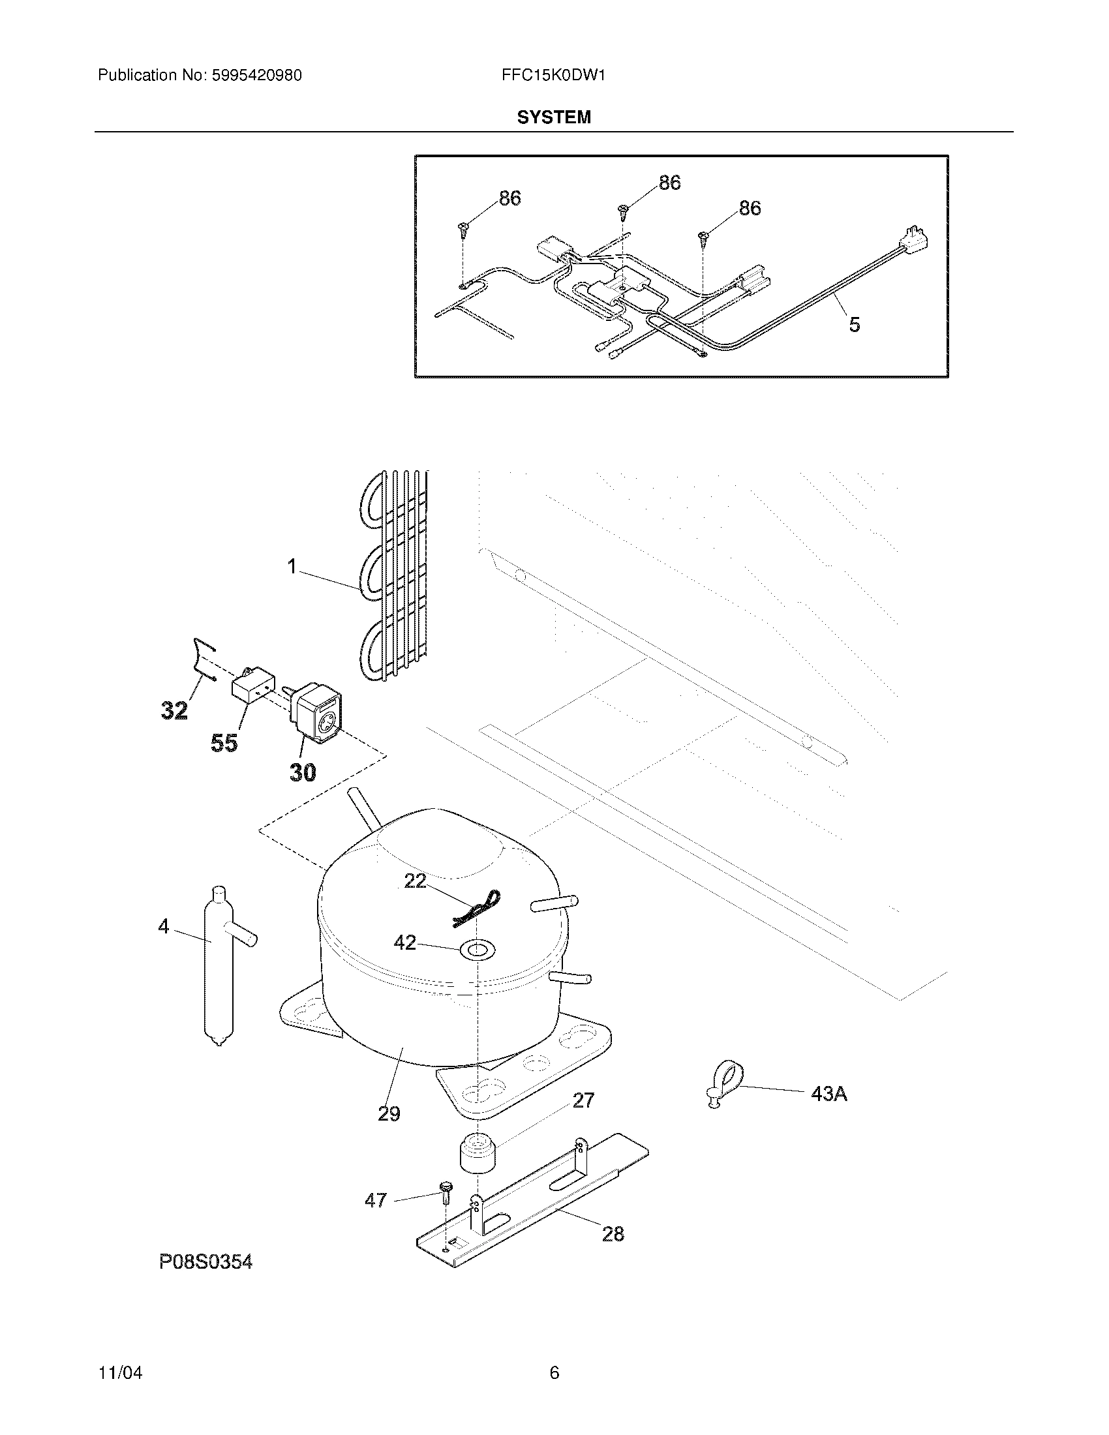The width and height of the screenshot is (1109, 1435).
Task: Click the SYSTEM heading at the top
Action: (x=553, y=117)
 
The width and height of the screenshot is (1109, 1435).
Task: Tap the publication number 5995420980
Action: (x=256, y=76)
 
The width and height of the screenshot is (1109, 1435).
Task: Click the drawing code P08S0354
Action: (x=205, y=1261)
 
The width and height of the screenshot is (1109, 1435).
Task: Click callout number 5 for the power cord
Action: (x=854, y=325)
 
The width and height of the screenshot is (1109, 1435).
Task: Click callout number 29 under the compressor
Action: (x=389, y=1113)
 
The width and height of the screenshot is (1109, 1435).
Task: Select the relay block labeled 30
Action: (x=316, y=718)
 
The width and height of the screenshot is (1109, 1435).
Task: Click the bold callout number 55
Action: (x=223, y=742)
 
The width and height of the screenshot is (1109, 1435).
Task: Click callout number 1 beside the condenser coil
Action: (x=292, y=566)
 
